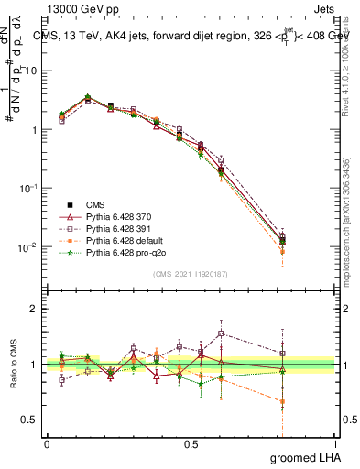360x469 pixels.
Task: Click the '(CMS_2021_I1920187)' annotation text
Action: pyautogui.click(x=191, y=273)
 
